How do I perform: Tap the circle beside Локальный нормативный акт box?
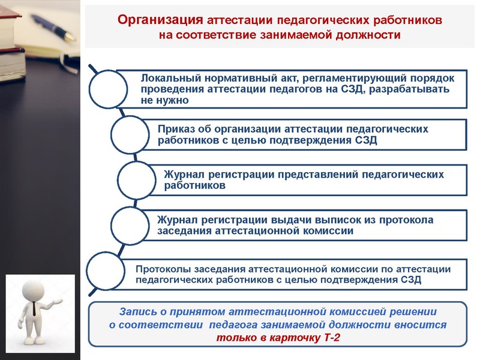[x=108, y=89]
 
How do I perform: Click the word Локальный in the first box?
[x=166, y=79]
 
